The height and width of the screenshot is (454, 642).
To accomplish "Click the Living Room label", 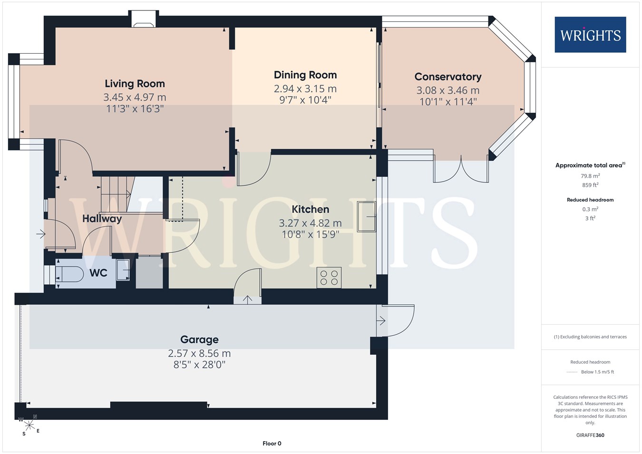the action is [135, 84].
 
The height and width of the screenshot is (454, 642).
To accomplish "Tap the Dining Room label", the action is [305, 75].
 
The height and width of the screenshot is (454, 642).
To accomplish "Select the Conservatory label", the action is [448, 77].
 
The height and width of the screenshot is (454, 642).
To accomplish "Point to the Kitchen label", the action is [311, 209].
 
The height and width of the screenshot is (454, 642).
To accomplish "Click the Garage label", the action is [199, 340].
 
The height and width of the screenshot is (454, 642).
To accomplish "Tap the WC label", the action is [98, 273].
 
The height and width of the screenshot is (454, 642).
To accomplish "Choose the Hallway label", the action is [102, 219].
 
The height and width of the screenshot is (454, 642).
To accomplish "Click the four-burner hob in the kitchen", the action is [329, 278].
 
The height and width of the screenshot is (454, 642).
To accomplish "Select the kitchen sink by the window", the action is [367, 217].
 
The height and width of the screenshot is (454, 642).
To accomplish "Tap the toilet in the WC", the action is [69, 274].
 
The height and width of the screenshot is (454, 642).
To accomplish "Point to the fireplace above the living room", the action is [143, 19].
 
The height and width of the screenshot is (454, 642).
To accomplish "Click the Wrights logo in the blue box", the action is [591, 35].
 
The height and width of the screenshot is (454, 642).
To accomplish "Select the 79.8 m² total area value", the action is [591, 176].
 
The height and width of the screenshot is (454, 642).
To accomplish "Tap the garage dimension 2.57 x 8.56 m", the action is [199, 354].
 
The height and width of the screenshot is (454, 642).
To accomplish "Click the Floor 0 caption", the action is [272, 444].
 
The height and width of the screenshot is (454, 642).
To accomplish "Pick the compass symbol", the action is [29, 425].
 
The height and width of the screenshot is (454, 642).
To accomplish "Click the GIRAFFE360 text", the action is [591, 435].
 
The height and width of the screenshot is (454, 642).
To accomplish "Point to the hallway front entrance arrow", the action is [41, 234].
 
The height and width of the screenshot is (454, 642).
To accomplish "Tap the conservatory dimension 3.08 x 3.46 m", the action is [448, 90].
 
